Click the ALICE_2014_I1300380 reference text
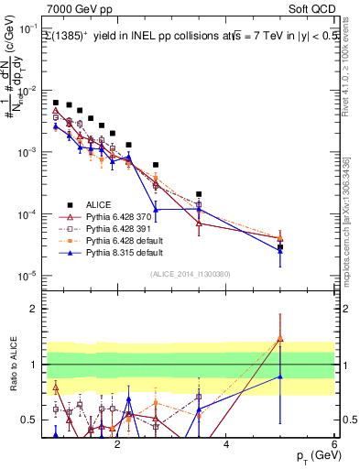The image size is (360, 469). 190,274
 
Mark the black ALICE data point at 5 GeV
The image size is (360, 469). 280,247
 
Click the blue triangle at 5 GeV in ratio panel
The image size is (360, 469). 280,376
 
